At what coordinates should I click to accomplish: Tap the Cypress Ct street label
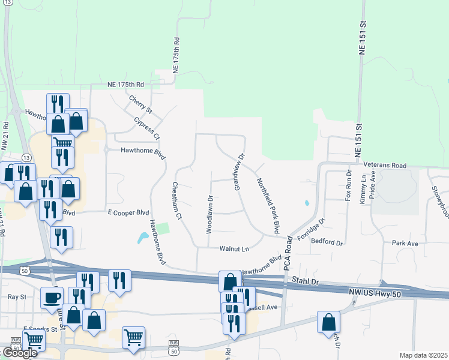(147, 127)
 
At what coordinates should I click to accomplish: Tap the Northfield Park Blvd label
(268, 205)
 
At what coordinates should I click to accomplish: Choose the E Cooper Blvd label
(128, 212)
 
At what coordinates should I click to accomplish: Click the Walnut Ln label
(234, 248)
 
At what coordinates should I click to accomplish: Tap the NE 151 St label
(362, 37)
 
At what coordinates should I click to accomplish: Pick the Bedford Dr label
(327, 243)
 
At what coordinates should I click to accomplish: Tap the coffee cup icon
(52, 297)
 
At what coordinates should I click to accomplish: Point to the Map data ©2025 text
(423, 355)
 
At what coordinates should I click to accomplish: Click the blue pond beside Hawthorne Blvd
(143, 237)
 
